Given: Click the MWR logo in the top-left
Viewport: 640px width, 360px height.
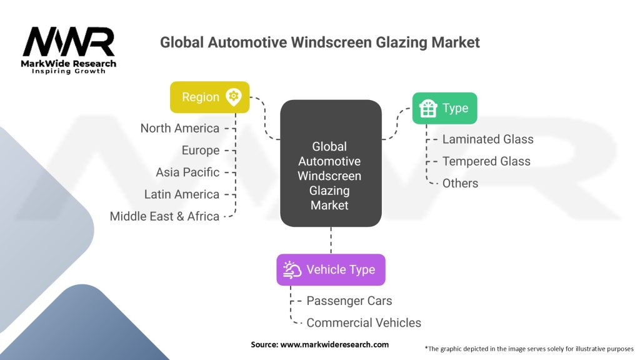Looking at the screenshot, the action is (x=69, y=42).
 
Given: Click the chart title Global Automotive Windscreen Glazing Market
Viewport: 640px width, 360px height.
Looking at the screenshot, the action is (x=319, y=42).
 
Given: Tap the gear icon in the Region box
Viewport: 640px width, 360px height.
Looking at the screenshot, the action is (x=234, y=97).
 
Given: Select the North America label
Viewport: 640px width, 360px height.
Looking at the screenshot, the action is (x=180, y=128).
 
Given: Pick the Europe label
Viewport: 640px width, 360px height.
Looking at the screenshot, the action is (x=201, y=150).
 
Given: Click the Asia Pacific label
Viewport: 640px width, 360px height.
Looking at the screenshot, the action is (x=187, y=172).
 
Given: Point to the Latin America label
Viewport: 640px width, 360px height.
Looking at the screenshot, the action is (x=182, y=194).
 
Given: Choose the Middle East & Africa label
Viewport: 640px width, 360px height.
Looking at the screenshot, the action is (x=164, y=216).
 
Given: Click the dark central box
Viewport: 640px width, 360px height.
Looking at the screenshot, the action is (x=331, y=163).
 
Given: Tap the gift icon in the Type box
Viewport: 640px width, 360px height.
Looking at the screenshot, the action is (x=428, y=109).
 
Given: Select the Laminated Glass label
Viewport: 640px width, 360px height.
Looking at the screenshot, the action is (x=487, y=139).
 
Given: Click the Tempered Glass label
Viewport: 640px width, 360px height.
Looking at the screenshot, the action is (x=486, y=161).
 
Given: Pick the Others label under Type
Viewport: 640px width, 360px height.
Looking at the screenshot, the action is (x=460, y=183).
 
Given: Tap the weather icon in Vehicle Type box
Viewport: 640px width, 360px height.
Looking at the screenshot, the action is (x=292, y=269).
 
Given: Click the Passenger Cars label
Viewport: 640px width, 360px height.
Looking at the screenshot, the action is (x=349, y=301).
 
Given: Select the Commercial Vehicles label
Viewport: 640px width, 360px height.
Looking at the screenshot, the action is (x=364, y=322).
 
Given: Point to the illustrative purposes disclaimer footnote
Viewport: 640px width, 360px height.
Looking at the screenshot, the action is (x=529, y=348).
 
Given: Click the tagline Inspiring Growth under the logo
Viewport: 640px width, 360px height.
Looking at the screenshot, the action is (x=69, y=71).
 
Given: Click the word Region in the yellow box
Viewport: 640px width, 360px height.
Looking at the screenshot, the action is (x=201, y=97).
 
